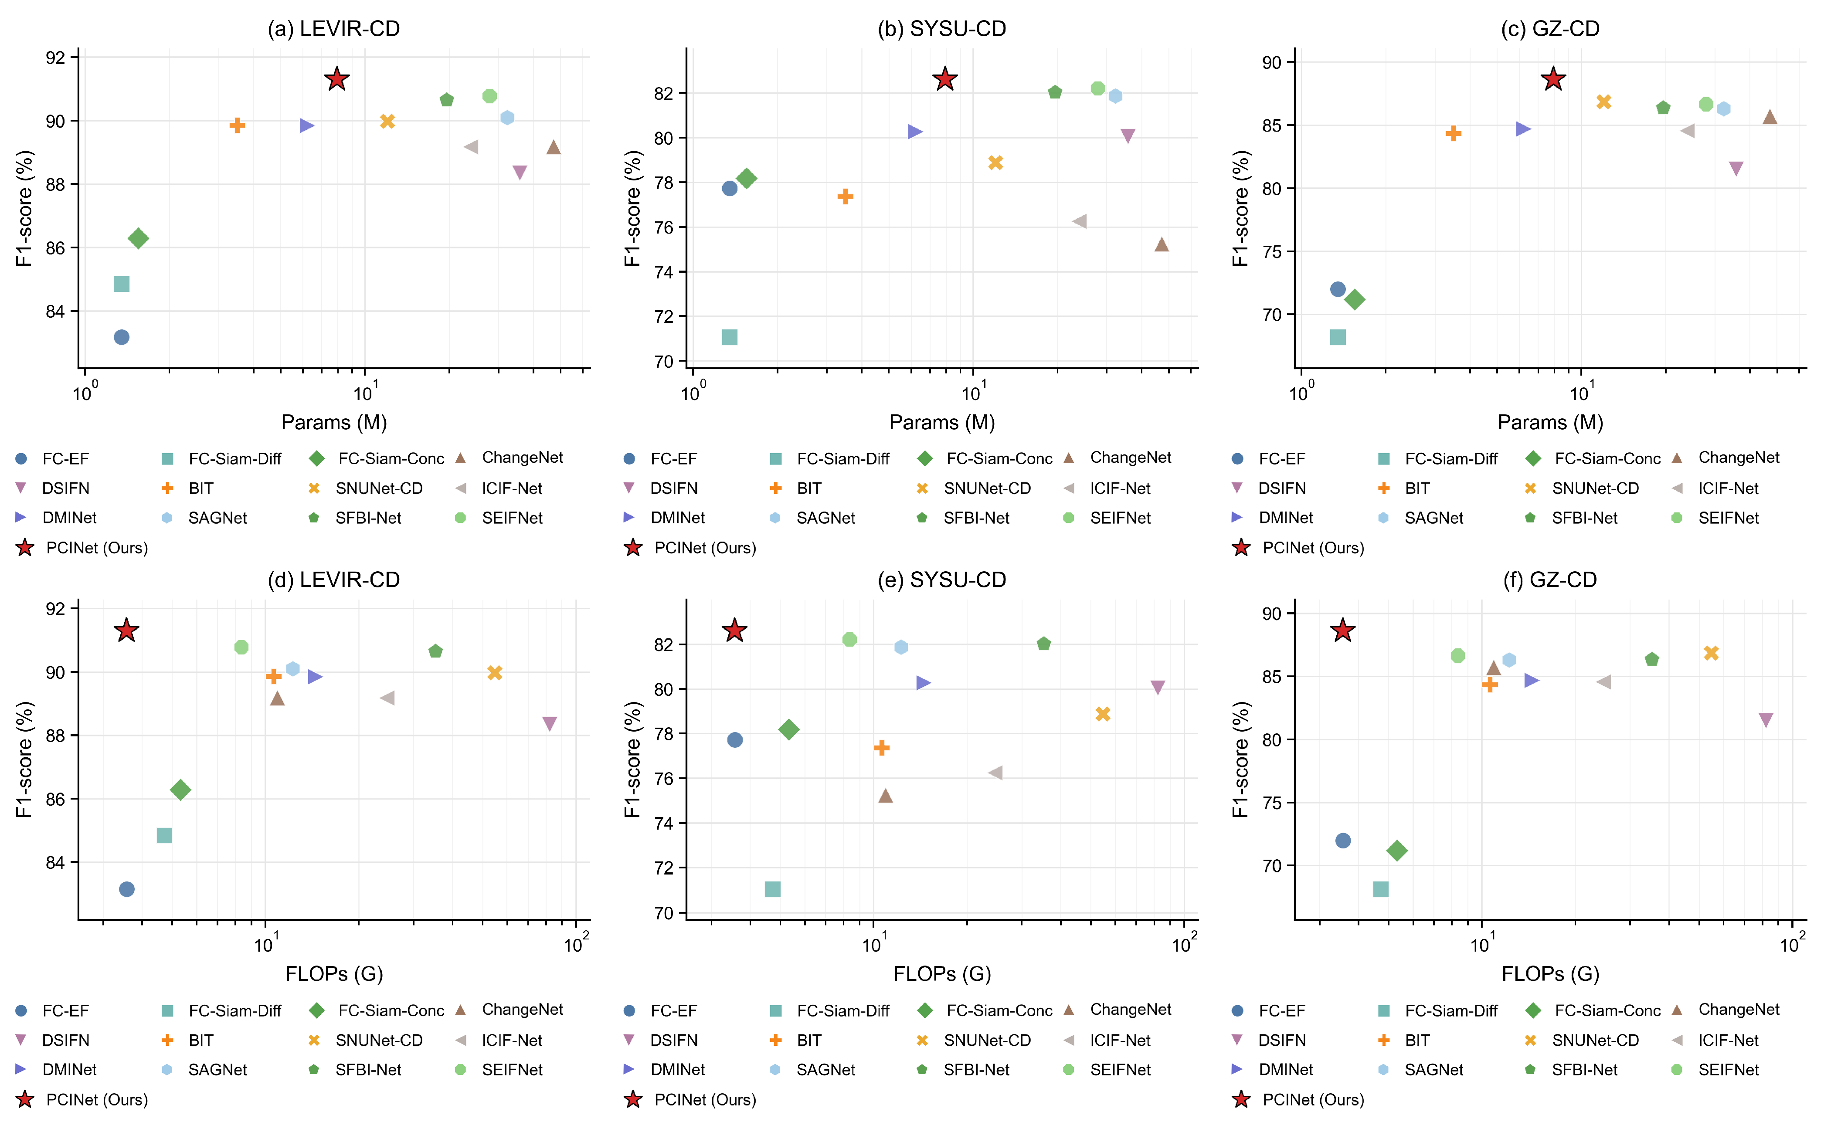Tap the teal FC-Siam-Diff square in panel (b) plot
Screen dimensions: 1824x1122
tap(730, 338)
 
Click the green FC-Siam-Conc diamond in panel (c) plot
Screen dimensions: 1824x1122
tap(1355, 300)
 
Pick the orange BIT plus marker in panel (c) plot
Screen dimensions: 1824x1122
tap(1454, 134)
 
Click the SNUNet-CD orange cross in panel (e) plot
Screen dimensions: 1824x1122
tap(1103, 714)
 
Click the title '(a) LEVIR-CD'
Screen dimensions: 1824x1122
tap(334, 28)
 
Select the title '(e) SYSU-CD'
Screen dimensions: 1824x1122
tap(942, 580)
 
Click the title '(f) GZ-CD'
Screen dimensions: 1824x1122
tap(1550, 580)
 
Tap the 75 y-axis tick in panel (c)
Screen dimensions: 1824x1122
tap(1271, 251)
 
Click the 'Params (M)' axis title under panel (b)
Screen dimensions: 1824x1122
tap(942, 422)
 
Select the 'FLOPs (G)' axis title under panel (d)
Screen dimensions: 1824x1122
tap(334, 973)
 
